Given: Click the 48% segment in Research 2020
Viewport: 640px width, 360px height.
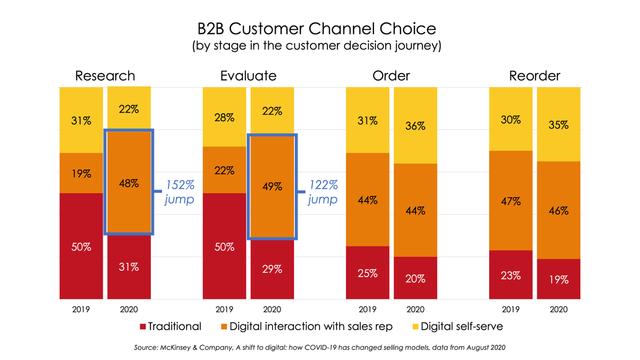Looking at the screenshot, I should pos(129,183).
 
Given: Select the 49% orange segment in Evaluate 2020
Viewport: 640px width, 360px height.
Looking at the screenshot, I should pos(272,186).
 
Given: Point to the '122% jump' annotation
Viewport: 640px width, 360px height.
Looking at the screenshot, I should pos(323,192).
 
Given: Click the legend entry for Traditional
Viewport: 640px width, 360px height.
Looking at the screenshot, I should pos(170,326).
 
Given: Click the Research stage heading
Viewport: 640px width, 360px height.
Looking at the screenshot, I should pos(105,76).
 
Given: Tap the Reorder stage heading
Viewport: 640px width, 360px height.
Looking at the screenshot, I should pos(534,76).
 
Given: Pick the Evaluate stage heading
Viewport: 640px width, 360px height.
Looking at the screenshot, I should pos(248,76).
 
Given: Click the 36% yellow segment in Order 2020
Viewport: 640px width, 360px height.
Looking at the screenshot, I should pos(415,125).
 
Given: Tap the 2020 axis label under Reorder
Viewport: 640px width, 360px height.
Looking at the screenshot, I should pos(558,309).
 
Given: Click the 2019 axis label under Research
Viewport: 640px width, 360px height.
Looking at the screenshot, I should pos(81,309).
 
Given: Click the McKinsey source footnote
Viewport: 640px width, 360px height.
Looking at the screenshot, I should pos(319,348).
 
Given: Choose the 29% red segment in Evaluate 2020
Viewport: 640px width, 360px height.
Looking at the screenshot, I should pos(272,269).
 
